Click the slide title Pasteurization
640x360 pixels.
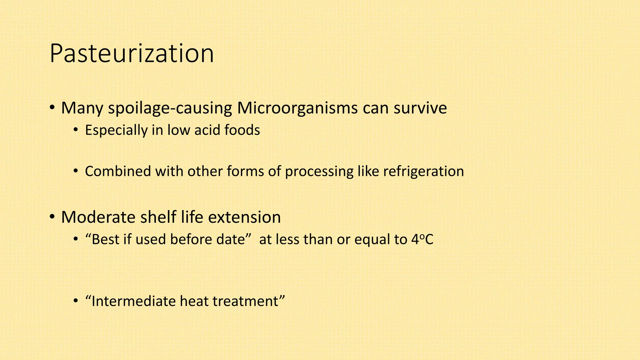(132, 54)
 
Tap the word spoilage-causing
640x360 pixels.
(170, 108)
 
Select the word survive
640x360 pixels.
(420, 108)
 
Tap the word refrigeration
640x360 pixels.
(423, 171)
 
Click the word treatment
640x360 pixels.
(247, 301)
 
